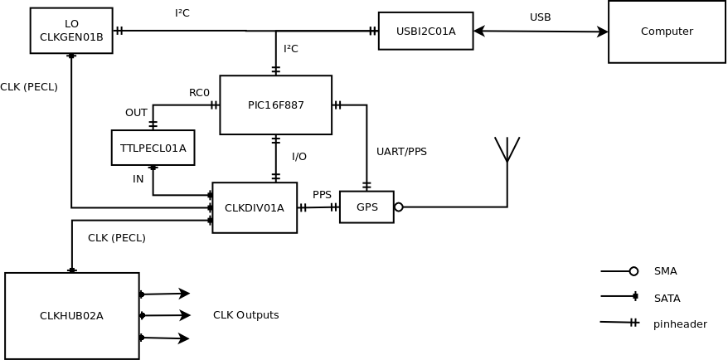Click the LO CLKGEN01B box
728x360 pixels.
click(x=71, y=31)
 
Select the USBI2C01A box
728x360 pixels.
click(x=425, y=32)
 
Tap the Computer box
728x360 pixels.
click(x=667, y=32)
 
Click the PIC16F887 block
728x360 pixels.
click(x=275, y=105)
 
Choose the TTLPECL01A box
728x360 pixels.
click(x=153, y=148)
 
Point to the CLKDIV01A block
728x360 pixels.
click(x=255, y=208)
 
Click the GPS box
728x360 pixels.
click(x=366, y=207)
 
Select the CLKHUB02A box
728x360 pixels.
click(x=71, y=316)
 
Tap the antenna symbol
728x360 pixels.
click(x=507, y=149)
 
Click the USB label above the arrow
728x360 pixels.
click(x=540, y=17)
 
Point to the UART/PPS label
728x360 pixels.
click(x=401, y=152)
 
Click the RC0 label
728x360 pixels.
click(x=199, y=93)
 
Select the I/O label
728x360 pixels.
click(x=299, y=157)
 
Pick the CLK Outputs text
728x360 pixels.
click(x=245, y=315)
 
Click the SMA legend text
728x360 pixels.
click(x=665, y=271)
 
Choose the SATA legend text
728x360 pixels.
click(x=667, y=299)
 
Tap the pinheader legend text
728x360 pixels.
click(x=680, y=324)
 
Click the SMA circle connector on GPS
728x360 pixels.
click(x=399, y=207)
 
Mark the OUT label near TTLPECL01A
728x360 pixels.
click(x=136, y=113)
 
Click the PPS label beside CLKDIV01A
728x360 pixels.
click(x=322, y=195)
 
